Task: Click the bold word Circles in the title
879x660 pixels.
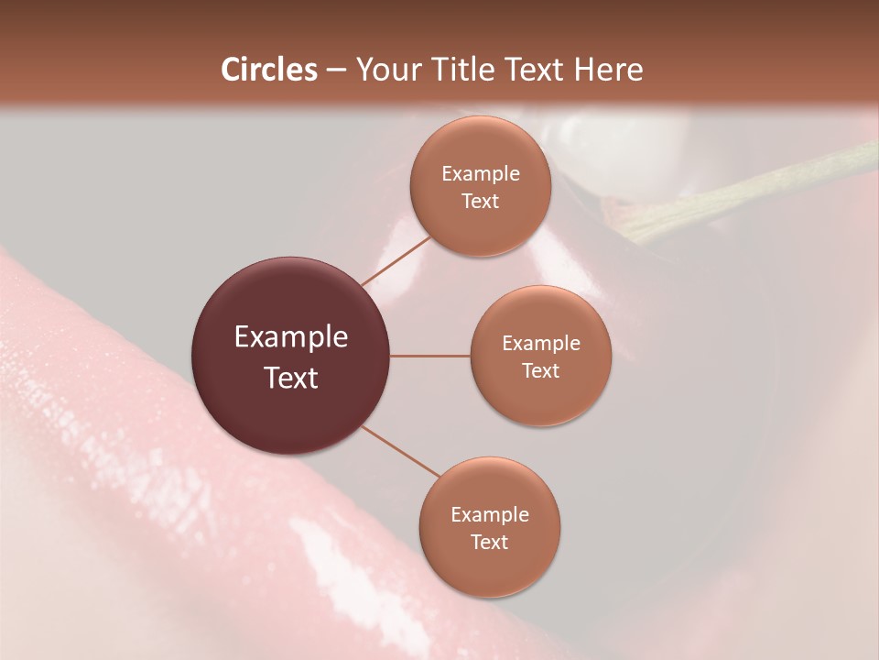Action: pos(268,70)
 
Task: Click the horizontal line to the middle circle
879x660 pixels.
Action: pos(430,356)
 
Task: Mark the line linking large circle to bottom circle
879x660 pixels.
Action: pos(399,451)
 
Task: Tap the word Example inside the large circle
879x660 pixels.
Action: pos(290,337)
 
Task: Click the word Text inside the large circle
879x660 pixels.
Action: pos(290,378)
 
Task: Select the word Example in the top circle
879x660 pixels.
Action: pos(480,174)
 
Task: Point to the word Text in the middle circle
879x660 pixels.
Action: pos(540,370)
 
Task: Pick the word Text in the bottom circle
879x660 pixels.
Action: pos(489,542)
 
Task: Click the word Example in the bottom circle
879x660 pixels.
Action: pos(489,514)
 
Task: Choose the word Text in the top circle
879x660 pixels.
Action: pos(480,202)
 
